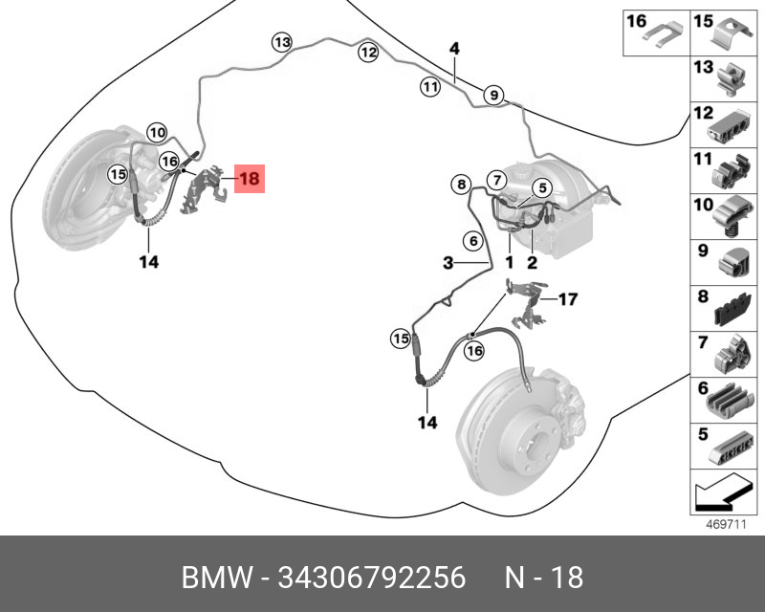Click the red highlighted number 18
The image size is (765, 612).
coord(250,179)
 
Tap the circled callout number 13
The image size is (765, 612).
coord(282,42)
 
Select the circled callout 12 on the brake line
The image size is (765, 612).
coord(368,53)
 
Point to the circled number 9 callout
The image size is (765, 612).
coord(493,96)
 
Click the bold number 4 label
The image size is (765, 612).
coord(454,49)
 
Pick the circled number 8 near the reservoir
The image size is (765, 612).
coord(461,185)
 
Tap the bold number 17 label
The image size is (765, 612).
coord(568,298)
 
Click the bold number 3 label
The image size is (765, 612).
coord(448,264)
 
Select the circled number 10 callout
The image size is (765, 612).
coord(157,132)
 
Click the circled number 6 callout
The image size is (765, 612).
coord(473,241)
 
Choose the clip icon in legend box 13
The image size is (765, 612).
coord(731,79)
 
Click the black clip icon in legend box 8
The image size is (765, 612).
coord(732,309)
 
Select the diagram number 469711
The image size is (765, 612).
coord(727,525)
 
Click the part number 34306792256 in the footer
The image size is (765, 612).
coord(372,578)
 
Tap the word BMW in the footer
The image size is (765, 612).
coord(217,578)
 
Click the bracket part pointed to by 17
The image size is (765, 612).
coord(526,302)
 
